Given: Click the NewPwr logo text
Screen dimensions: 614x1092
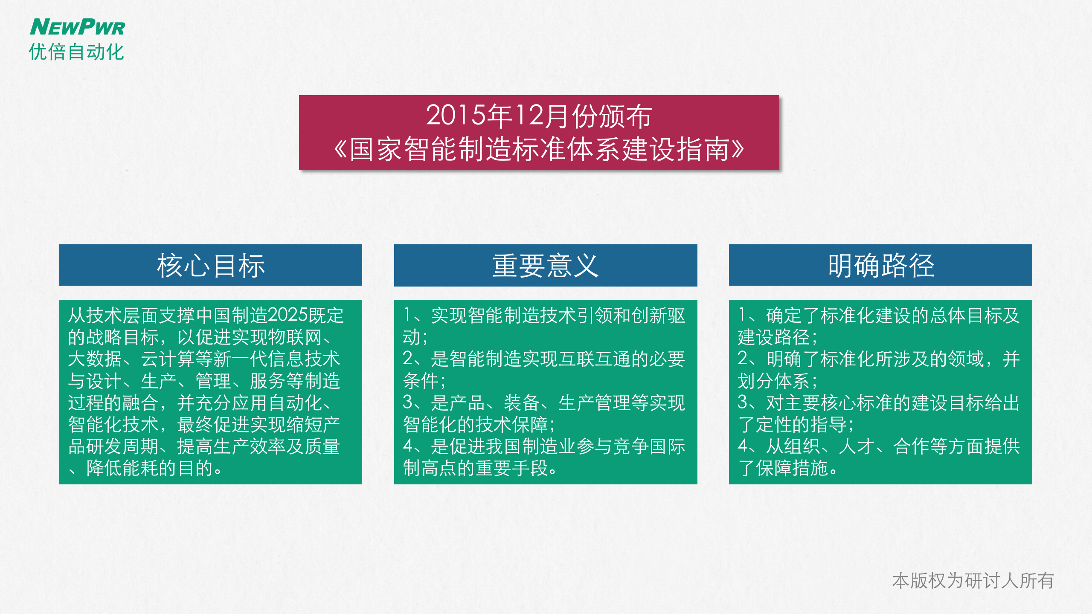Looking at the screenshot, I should point(77,27).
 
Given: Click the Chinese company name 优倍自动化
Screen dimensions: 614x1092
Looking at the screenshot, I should point(76,52).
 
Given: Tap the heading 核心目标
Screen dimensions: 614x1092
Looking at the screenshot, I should point(211,265).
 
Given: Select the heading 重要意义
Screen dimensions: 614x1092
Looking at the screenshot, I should point(546,265).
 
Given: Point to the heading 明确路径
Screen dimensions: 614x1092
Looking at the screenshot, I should point(881,265).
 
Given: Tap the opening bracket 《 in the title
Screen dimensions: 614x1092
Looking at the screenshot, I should point(340,149).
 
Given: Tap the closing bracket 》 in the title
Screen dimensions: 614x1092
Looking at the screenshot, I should point(738,149).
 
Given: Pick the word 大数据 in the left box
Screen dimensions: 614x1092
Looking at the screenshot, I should point(95,359).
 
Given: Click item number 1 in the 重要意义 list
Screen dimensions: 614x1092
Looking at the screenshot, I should point(408,316).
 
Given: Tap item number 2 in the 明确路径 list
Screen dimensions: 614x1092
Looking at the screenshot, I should point(743,359).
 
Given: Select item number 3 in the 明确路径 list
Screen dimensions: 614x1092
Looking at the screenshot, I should point(743,403).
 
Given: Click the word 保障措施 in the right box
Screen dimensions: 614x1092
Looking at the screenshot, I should point(792,468).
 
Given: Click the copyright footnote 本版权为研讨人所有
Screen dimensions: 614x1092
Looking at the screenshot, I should point(973,581).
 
